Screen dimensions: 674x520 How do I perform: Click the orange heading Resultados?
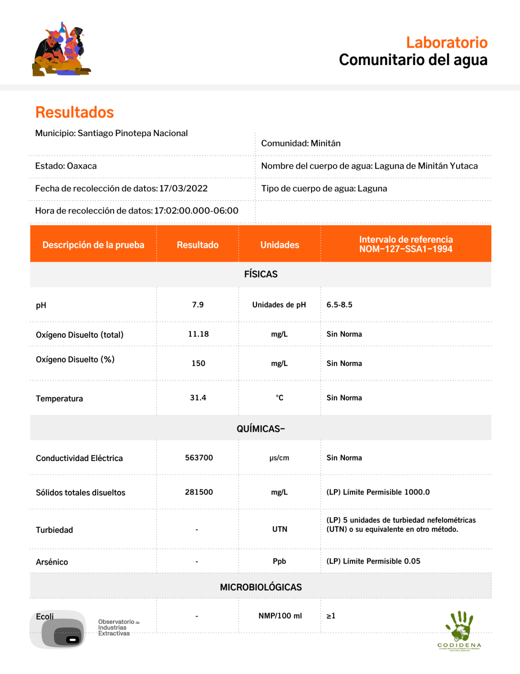click(x=74, y=112)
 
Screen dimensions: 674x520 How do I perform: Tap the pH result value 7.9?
click(x=198, y=305)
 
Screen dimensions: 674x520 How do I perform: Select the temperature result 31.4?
click(x=198, y=397)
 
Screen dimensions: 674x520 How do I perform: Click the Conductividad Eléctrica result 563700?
click(x=199, y=458)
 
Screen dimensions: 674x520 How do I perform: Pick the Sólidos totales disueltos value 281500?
click(x=199, y=492)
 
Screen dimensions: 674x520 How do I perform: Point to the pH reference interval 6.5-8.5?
click(x=339, y=305)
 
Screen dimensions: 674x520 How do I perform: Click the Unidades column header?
click(x=280, y=245)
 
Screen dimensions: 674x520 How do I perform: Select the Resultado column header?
click(x=198, y=245)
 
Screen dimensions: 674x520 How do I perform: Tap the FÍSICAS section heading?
click(x=260, y=274)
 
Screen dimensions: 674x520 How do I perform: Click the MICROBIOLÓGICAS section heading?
click(x=260, y=587)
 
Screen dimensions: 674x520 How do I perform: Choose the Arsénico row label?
click(x=52, y=562)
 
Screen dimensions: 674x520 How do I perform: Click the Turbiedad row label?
click(x=54, y=530)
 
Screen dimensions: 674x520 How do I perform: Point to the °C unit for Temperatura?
click(x=280, y=397)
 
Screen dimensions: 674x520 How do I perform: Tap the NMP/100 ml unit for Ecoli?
click(x=280, y=616)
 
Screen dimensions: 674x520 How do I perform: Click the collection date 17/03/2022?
click(x=184, y=188)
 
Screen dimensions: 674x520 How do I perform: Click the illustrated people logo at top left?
click(x=62, y=50)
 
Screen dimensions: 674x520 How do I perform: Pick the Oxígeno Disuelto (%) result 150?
click(x=198, y=363)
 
